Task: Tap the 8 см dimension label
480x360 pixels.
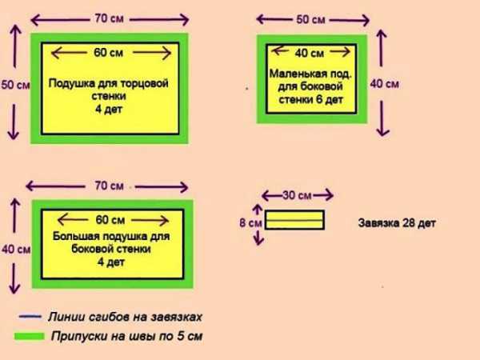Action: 250,223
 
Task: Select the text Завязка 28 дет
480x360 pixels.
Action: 397,223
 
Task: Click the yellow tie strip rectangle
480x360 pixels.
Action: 294,220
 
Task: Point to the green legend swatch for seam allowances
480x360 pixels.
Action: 30,336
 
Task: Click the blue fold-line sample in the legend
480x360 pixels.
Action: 30,317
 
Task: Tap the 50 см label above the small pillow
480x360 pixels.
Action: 310,19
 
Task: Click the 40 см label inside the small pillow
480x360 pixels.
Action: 309,54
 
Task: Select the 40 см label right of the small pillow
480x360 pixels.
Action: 385,84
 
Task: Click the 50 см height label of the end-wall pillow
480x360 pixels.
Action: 16,85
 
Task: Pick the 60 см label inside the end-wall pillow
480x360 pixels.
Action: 108,53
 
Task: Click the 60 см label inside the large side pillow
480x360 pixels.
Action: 110,220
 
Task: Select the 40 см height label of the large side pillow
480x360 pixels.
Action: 16,249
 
